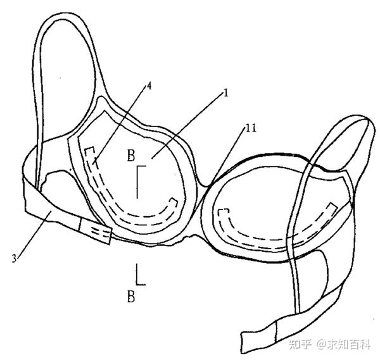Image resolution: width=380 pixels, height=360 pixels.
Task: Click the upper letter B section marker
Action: [130, 154]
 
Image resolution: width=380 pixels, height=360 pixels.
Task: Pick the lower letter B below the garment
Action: [131, 295]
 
